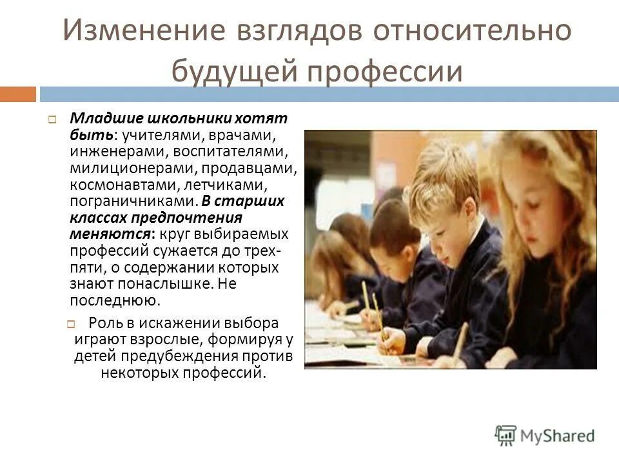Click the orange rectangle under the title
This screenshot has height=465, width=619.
(x=17, y=94)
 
